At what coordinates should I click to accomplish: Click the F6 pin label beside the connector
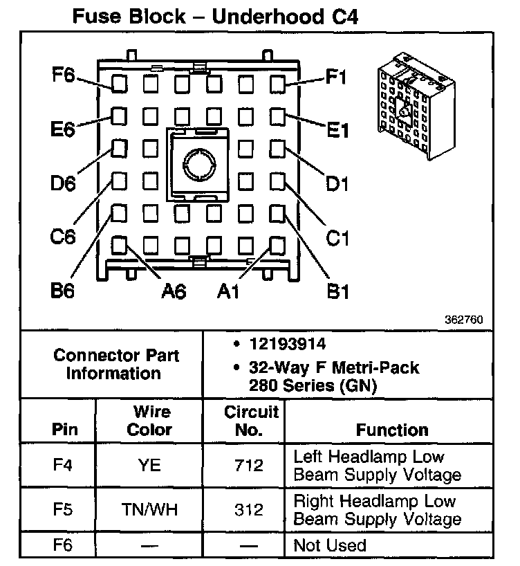64,75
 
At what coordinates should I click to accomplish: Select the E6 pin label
62,129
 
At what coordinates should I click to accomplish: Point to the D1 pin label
337,184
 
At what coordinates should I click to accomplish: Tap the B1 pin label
337,291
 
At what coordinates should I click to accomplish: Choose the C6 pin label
62,237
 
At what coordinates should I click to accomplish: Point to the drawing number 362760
465,320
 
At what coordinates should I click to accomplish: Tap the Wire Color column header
151,421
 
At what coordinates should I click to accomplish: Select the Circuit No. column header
251,421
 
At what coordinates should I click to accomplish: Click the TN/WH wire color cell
151,510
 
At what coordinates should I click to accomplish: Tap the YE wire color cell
151,465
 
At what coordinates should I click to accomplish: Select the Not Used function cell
330,546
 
